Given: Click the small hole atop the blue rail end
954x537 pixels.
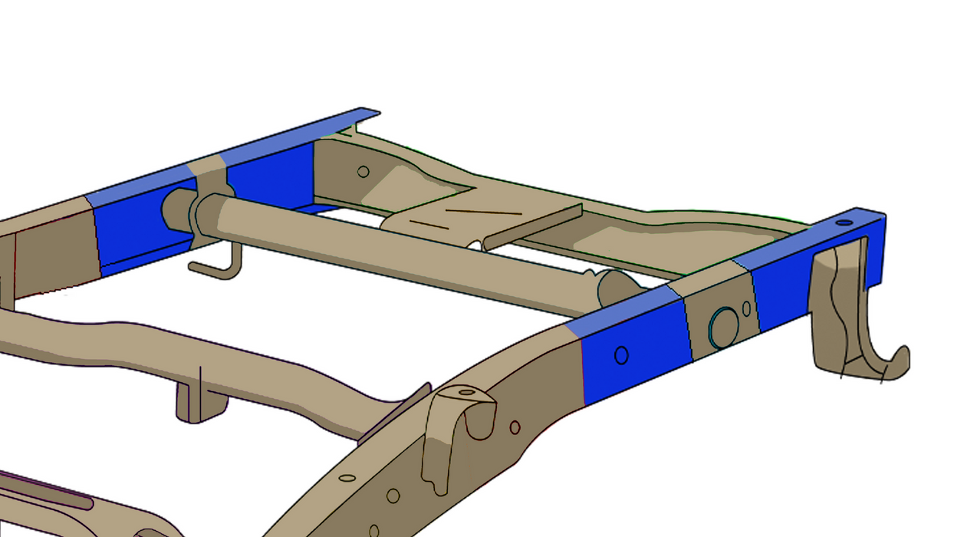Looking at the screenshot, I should coord(844,222).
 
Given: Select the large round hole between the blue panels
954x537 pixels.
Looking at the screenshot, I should coord(721,327).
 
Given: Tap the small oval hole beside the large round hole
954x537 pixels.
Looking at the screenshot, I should coord(746,308).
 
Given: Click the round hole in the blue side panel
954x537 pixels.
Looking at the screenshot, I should coord(621,355).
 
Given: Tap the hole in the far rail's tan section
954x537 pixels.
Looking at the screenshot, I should coord(364,171).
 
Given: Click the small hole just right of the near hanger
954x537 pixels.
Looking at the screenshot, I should coord(515,427).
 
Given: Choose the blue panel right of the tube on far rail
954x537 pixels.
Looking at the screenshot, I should coord(272,176).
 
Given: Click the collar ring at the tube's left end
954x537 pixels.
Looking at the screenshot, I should coord(206,218).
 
